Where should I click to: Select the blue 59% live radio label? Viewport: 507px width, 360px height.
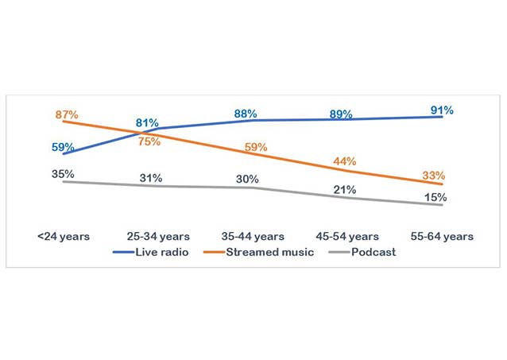click(x=64, y=147)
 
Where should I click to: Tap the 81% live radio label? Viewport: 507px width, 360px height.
click(x=147, y=123)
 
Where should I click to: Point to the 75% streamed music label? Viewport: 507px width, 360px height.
click(x=149, y=141)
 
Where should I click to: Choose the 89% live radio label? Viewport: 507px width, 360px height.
click(x=341, y=114)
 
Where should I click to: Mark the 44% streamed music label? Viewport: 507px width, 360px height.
click(x=344, y=161)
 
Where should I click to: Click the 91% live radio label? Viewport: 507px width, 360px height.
click(x=442, y=110)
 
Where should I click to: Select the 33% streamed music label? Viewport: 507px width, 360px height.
click(x=433, y=176)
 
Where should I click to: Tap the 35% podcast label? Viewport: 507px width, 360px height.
click(x=64, y=173)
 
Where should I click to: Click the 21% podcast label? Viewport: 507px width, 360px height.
click(x=344, y=190)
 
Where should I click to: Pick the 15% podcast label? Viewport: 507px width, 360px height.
click(x=433, y=198)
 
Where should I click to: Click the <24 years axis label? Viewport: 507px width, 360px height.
click(x=64, y=236)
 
